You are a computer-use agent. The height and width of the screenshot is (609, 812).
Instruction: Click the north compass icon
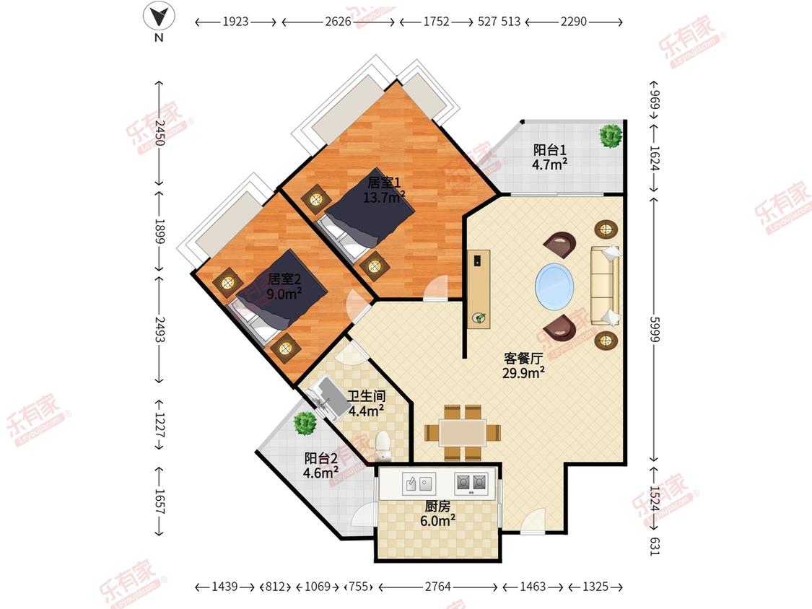click(159, 17)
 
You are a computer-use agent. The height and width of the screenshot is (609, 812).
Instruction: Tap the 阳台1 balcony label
click(549, 150)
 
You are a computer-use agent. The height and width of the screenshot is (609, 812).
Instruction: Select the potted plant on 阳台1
click(610, 136)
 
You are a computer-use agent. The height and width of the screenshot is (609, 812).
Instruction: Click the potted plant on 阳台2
click(305, 423)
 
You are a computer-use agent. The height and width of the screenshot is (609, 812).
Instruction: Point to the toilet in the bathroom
click(383, 447)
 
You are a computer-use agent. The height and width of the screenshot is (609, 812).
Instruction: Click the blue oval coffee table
click(554, 286)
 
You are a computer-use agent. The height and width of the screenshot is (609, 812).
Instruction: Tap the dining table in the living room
click(463, 432)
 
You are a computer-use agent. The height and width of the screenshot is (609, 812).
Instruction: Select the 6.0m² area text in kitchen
click(437, 520)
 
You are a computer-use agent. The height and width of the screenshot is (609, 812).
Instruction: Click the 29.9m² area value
click(523, 372)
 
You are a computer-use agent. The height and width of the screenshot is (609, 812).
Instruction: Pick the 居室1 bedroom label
click(384, 183)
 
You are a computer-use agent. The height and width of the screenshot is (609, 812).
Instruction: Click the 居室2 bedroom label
click(284, 280)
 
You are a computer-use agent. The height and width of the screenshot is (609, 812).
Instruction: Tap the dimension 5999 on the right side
click(655, 329)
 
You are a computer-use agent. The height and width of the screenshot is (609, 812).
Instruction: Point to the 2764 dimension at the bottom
click(437, 587)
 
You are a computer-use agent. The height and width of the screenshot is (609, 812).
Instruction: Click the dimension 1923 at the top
click(235, 22)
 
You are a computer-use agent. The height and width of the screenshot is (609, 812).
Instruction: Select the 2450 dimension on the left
click(160, 133)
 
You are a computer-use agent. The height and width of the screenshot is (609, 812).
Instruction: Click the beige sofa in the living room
click(606, 286)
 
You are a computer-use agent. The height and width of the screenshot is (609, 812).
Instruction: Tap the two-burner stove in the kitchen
click(471, 483)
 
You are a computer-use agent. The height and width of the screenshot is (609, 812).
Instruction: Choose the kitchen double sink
click(419, 483)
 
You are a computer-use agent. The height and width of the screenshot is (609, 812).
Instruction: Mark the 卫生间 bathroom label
click(366, 396)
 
